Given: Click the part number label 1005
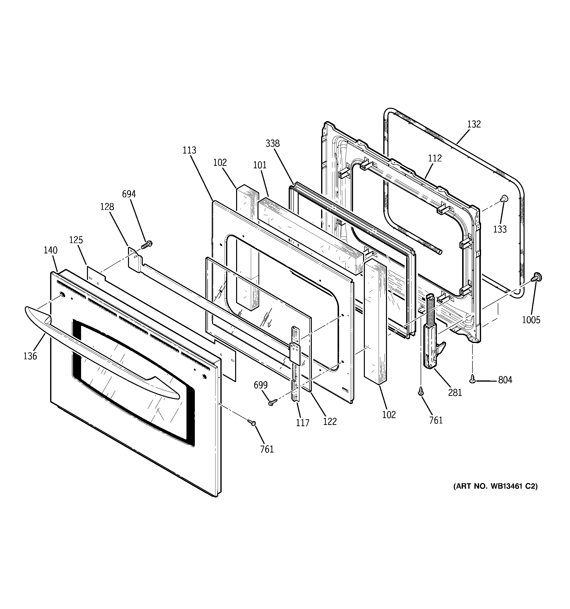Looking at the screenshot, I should pyautogui.click(x=531, y=320).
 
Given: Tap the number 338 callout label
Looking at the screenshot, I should pyautogui.click(x=272, y=143).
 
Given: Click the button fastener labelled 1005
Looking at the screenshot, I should pyautogui.click(x=536, y=277).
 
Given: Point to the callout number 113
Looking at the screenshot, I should pyautogui.click(x=189, y=150).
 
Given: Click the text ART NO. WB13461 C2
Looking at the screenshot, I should pyautogui.click(x=495, y=495).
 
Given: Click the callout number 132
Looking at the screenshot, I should pyautogui.click(x=474, y=124).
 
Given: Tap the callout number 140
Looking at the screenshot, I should pyautogui.click(x=50, y=250).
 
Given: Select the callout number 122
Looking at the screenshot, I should pyautogui.click(x=330, y=422).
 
